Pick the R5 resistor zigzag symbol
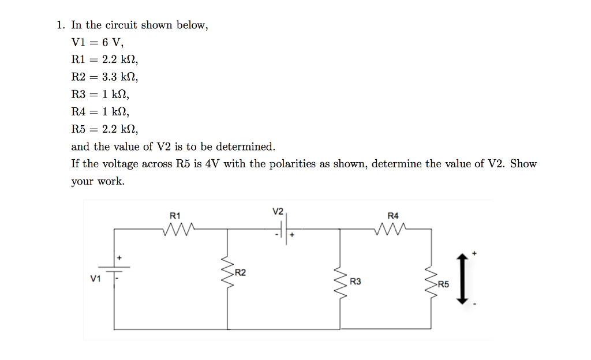(431, 283)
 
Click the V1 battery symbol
(113, 269)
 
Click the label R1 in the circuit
(175, 215)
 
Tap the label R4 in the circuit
(393, 215)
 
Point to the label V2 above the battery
(278, 211)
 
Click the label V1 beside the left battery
(95, 278)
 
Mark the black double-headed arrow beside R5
(461, 279)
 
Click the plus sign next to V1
(120, 257)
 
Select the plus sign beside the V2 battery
(293, 235)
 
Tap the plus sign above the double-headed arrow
(474, 253)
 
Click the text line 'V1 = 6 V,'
(97, 42)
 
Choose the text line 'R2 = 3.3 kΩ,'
(104, 77)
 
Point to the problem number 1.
(60, 25)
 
